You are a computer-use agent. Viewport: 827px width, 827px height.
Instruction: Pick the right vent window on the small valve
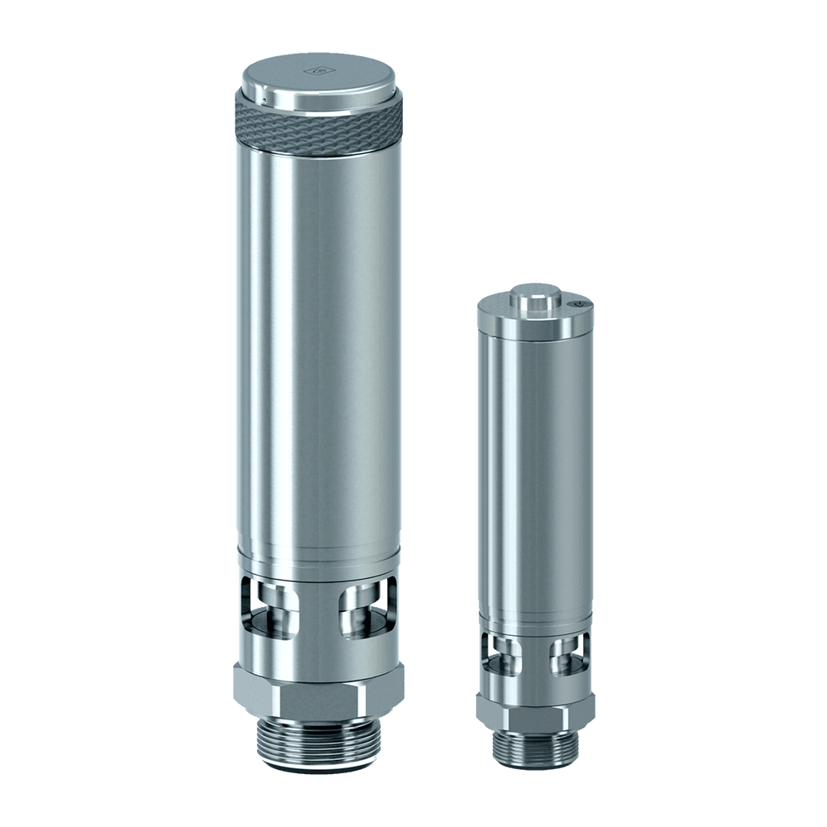pos(568,656)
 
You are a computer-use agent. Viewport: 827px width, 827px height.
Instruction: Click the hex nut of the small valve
pos(535,708)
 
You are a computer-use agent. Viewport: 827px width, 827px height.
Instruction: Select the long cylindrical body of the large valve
pos(318,347)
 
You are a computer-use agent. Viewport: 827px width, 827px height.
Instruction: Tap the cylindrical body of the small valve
pos(535,471)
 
